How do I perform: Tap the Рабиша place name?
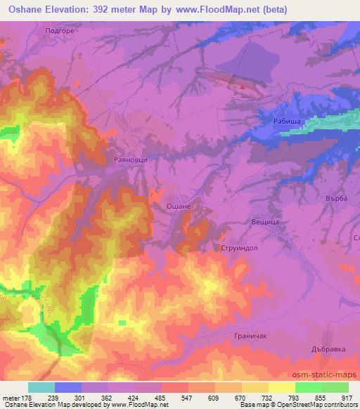[288, 121]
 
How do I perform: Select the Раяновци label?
[130, 160]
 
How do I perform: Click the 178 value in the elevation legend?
[27, 397]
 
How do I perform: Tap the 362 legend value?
[108, 397]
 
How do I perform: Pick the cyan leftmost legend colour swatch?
[41, 387]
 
